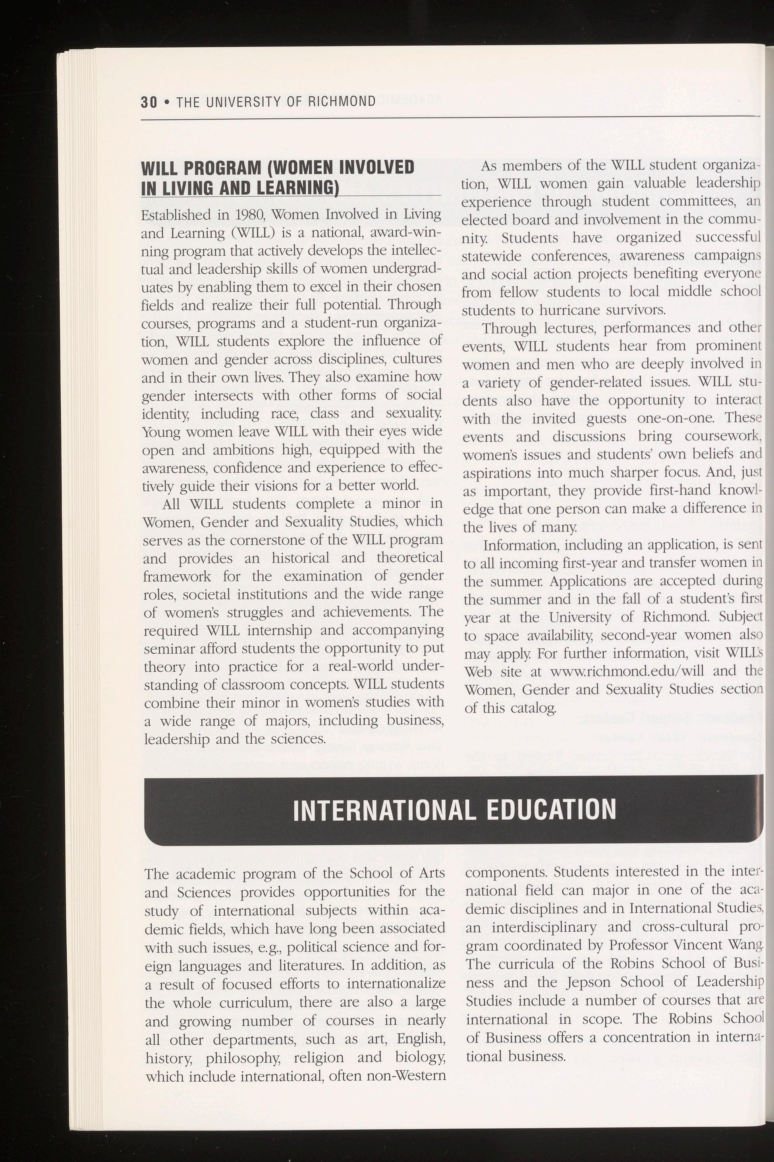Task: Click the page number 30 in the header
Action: coord(149,102)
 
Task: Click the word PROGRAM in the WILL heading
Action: coord(221,168)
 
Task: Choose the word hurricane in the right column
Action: coord(573,310)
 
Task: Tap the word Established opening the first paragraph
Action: coord(172,215)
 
